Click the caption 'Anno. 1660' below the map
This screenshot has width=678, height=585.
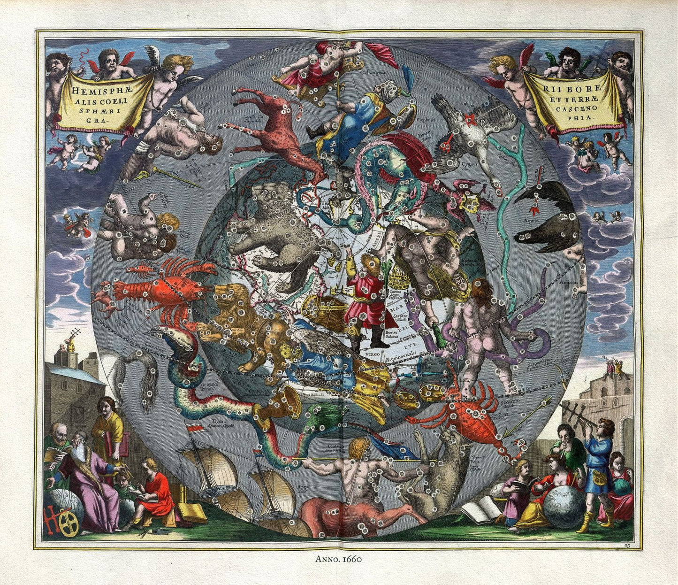pyautogui.click(x=338, y=559)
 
